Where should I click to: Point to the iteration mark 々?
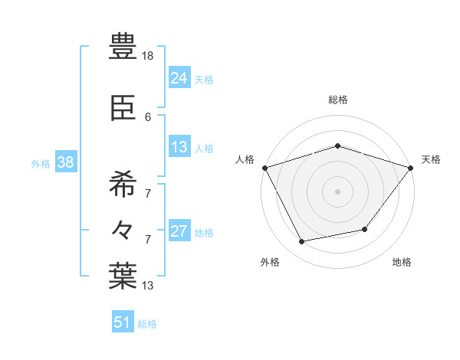123,229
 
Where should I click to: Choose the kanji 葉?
123,276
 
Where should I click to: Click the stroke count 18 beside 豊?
149,56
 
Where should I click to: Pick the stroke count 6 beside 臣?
148,116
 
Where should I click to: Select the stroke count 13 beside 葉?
149,286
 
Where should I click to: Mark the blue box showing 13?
179,146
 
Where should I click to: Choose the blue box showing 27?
179,231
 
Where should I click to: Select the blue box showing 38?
65,162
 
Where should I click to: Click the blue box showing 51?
122,322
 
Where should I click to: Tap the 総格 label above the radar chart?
337,100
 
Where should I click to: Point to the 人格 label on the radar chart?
245,159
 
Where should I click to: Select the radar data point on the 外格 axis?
302,241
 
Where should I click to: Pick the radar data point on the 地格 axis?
365,229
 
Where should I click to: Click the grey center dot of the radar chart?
337,191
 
